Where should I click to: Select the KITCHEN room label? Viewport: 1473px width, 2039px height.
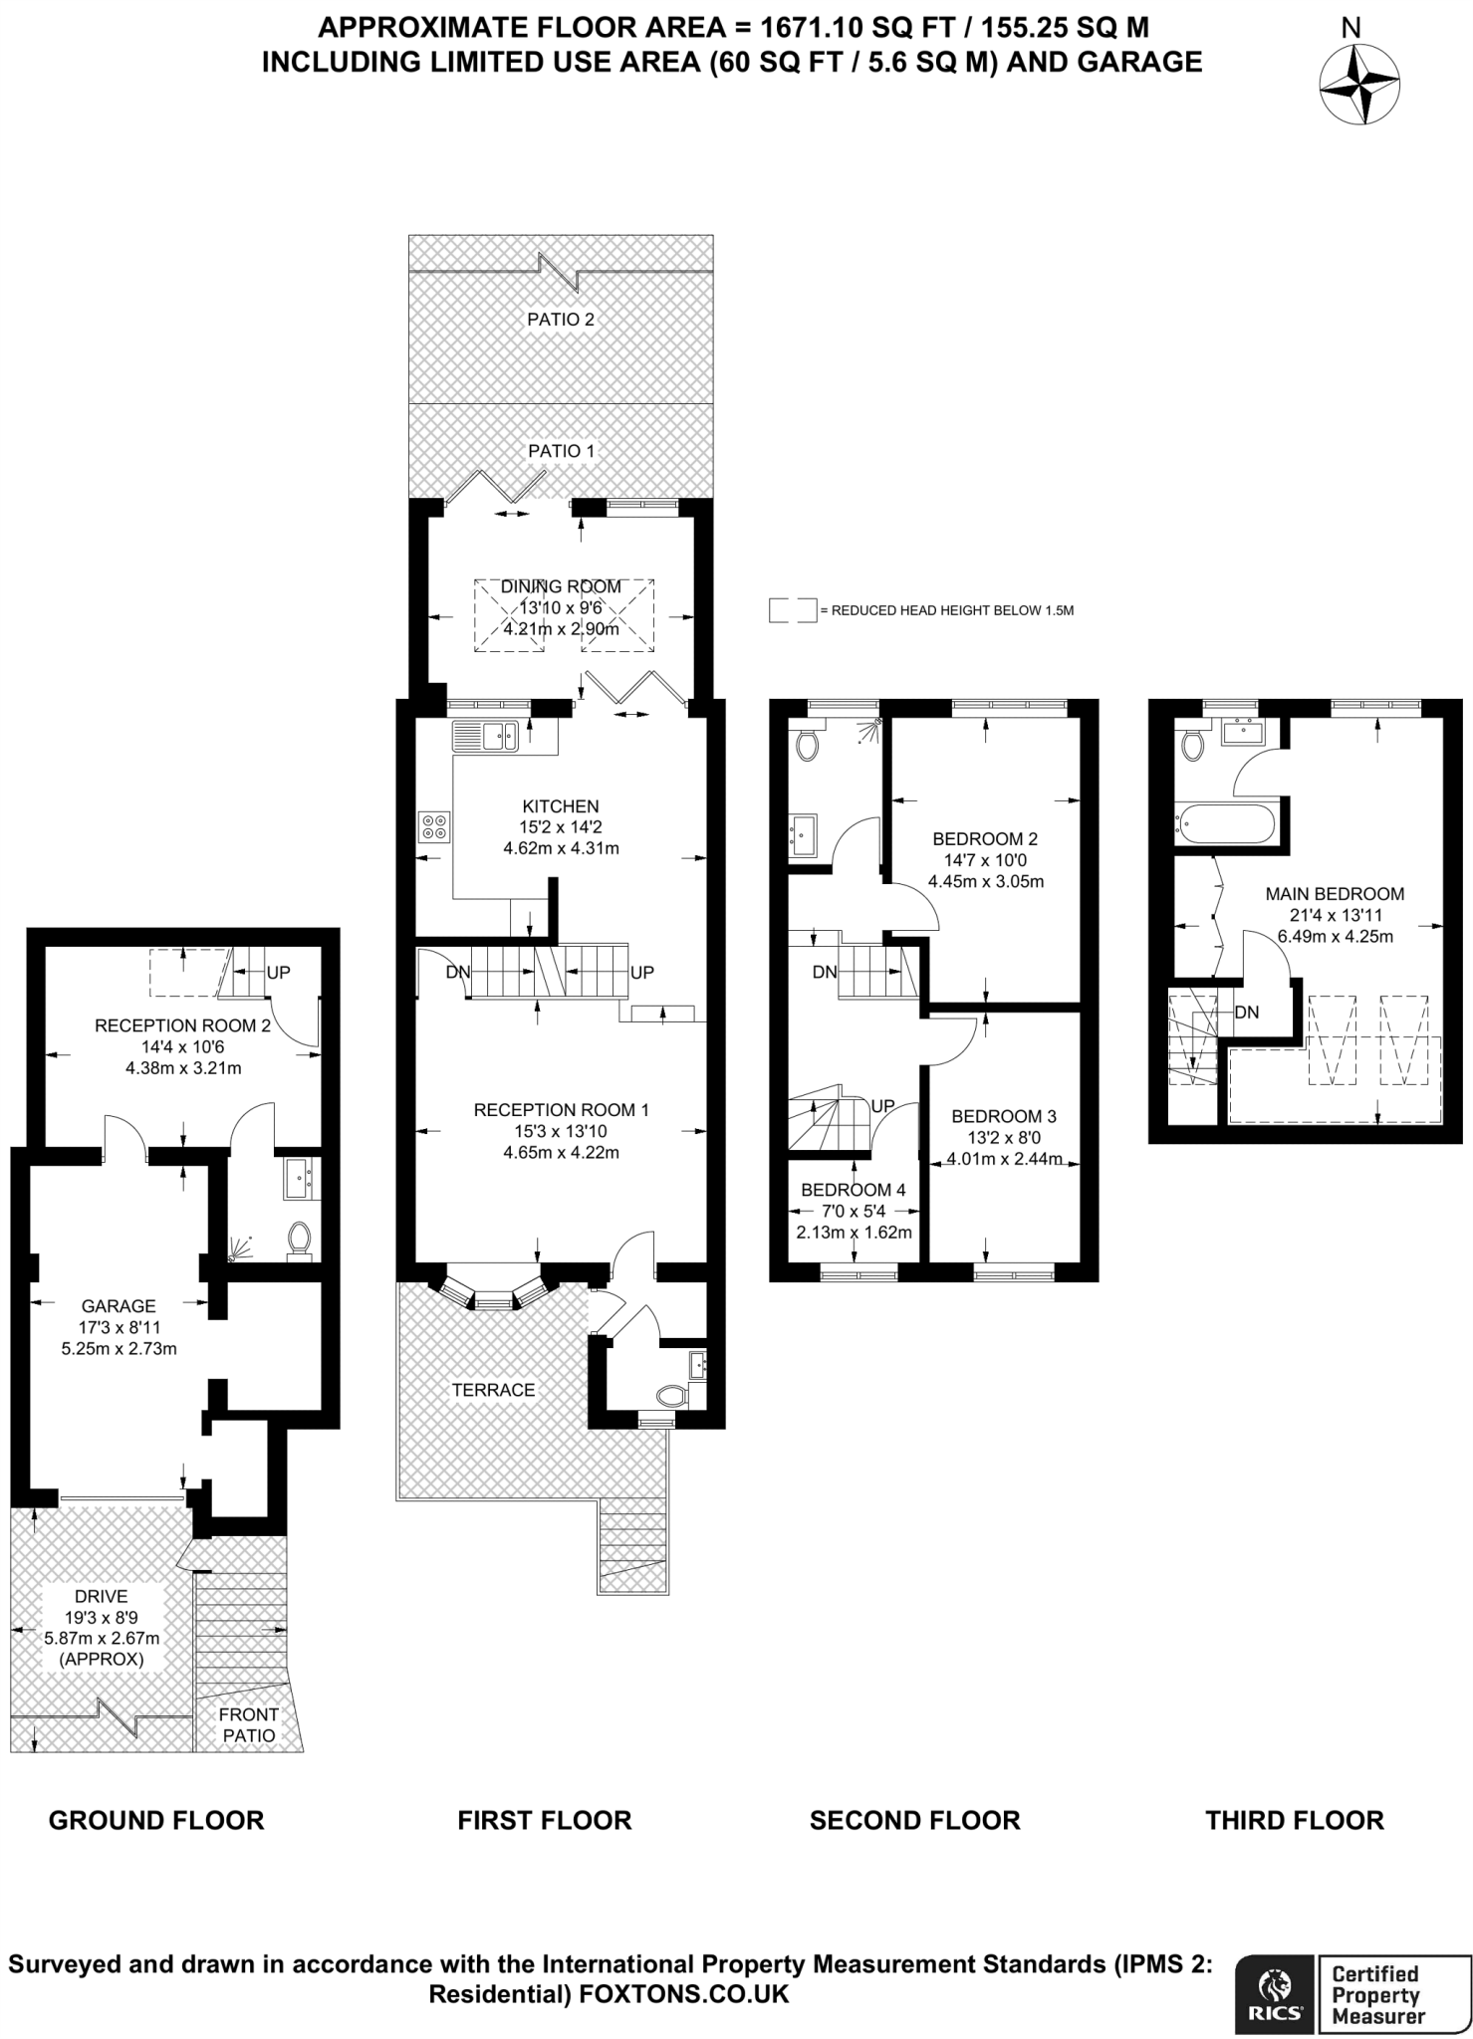(x=561, y=806)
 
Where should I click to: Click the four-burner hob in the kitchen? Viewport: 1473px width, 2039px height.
(x=434, y=827)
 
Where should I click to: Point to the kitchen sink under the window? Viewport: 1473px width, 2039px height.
(x=485, y=737)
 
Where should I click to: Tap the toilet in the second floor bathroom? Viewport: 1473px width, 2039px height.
(x=806, y=744)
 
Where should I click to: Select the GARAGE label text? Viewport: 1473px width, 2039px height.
(x=119, y=1306)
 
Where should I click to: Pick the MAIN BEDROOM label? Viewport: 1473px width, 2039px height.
(x=1335, y=894)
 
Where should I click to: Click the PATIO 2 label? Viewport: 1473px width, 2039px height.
(x=561, y=320)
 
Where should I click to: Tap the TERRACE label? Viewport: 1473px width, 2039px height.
(x=493, y=1390)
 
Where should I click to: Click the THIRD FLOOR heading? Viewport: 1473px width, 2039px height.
(x=1295, y=1821)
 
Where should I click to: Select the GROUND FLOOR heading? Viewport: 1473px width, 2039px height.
(x=156, y=1821)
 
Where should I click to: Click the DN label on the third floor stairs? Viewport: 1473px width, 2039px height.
(x=1247, y=1013)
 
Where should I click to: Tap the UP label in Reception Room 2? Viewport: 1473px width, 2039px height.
(x=278, y=973)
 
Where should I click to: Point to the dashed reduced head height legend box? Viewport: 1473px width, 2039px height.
(x=793, y=610)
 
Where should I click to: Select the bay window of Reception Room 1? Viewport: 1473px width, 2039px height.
(x=492, y=1290)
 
